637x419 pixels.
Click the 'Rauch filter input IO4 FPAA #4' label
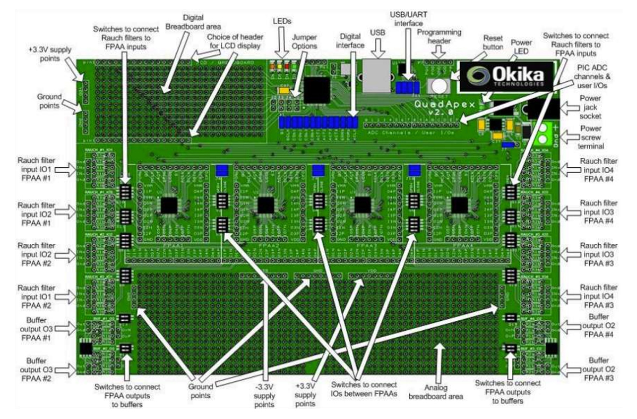pyautogui.click(x=599, y=169)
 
